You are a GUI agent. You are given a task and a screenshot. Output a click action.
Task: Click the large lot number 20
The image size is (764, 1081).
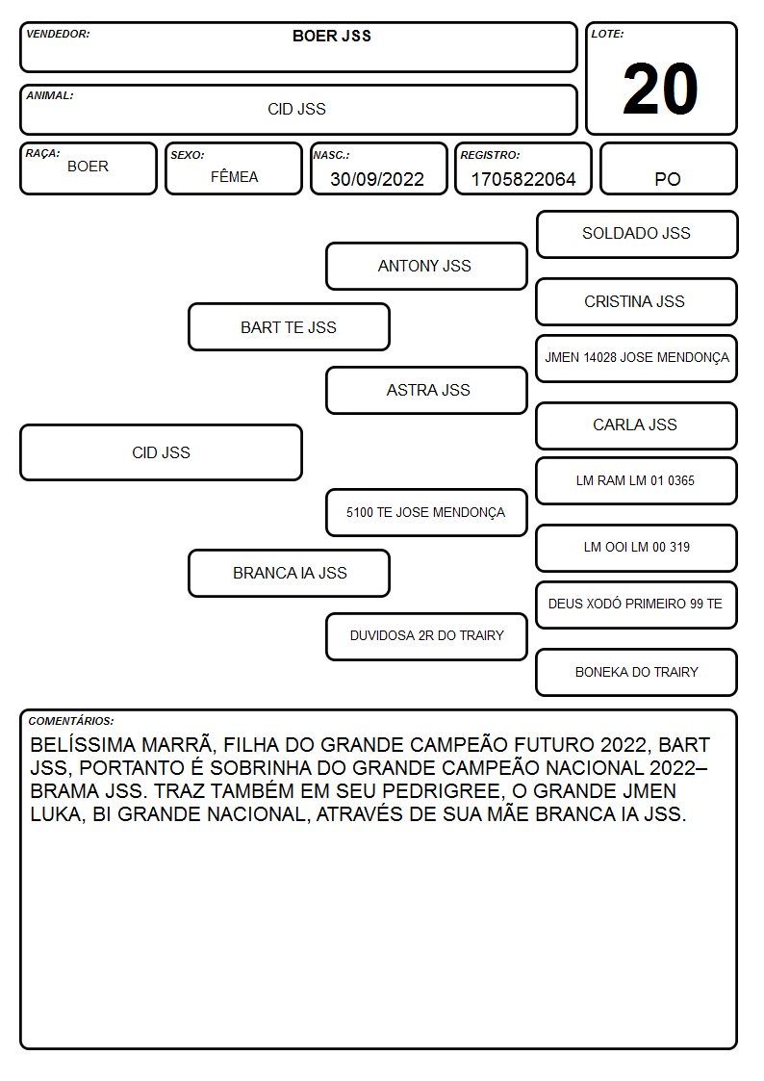(x=660, y=89)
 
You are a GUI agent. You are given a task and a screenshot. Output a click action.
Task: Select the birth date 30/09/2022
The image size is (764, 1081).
(x=377, y=179)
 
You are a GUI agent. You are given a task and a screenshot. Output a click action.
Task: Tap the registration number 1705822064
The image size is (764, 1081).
(x=522, y=179)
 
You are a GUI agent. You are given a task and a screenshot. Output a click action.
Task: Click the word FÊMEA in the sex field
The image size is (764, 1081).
(x=234, y=176)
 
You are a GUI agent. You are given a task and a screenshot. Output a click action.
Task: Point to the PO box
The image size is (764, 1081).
(x=668, y=168)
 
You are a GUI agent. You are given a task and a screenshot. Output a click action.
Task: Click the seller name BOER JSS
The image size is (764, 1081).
(x=332, y=36)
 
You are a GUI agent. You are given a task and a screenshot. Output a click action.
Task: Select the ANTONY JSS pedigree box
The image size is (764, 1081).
(x=426, y=266)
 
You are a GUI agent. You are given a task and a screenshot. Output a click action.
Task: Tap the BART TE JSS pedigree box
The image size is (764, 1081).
(x=289, y=327)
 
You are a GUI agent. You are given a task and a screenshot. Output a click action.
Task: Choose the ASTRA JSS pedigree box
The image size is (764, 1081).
(x=426, y=390)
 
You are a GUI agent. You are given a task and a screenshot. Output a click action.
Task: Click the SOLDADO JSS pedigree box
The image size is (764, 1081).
(x=637, y=235)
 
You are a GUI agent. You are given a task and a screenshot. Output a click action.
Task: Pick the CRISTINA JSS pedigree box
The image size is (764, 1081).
(x=637, y=302)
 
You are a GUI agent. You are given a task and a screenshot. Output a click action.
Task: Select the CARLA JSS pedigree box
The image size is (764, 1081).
(x=637, y=426)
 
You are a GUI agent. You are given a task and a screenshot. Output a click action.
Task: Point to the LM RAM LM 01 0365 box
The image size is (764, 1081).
(x=637, y=481)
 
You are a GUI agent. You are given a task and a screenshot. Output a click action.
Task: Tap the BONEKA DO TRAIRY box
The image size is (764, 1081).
(x=637, y=672)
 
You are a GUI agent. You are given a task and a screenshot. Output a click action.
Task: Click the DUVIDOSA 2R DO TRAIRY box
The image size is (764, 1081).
(x=426, y=636)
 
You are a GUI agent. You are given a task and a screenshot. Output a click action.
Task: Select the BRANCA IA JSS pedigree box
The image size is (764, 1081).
(x=289, y=574)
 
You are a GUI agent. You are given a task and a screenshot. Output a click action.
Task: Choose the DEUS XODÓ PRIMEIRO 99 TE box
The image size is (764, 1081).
(x=637, y=605)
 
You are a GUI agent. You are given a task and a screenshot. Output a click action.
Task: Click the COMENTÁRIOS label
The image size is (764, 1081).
(x=71, y=721)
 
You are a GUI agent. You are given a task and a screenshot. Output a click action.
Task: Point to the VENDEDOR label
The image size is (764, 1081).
(x=58, y=34)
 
